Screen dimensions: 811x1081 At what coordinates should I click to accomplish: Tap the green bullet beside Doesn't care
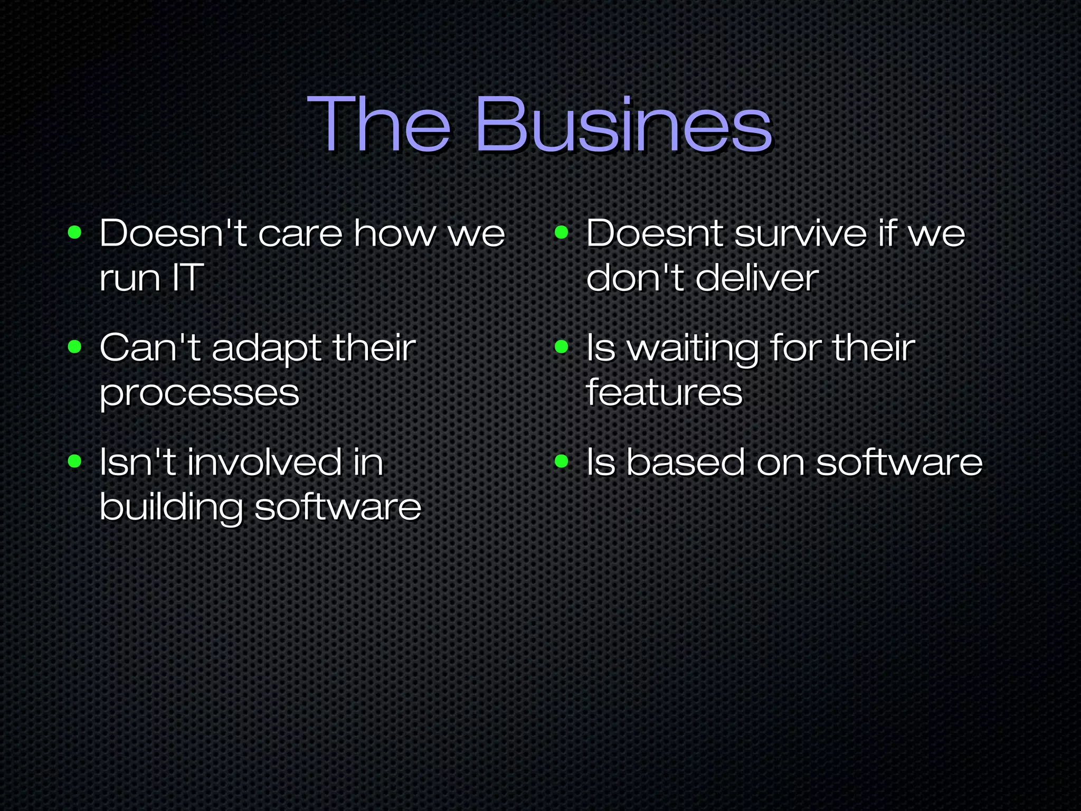point(75,232)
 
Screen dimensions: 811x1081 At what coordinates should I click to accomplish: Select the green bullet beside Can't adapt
point(75,347)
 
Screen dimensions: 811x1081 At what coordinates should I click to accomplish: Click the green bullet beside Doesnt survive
point(562,232)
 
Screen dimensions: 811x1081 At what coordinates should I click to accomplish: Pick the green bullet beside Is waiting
point(562,347)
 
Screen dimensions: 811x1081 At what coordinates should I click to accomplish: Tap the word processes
point(200,393)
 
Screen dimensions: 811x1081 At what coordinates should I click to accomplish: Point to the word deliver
point(757,278)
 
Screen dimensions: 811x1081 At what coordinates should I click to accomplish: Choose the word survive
point(801,233)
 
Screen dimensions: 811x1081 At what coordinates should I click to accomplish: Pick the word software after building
point(338,507)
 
